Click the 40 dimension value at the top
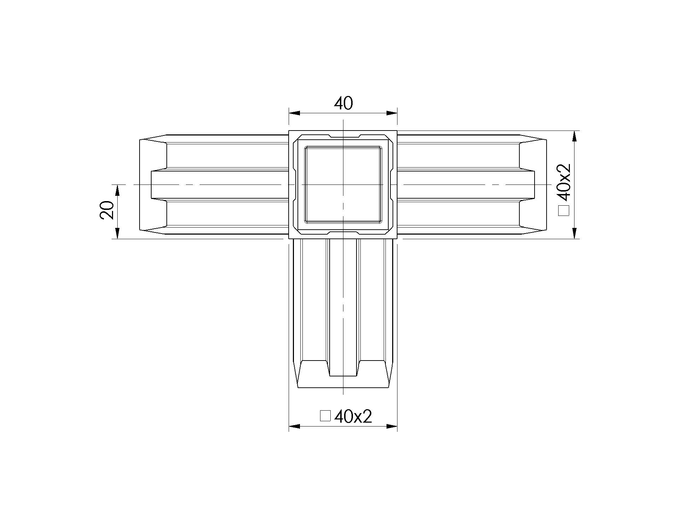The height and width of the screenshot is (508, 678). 343,103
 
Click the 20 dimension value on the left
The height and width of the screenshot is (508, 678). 107,210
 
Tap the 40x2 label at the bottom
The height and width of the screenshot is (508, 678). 353,417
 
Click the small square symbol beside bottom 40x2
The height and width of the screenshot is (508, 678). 325,416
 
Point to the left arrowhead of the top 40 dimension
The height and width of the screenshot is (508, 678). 295,113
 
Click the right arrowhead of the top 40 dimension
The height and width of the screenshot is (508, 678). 392,113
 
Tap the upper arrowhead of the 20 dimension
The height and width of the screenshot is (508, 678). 117,190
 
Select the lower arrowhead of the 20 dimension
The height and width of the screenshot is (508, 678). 117,233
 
